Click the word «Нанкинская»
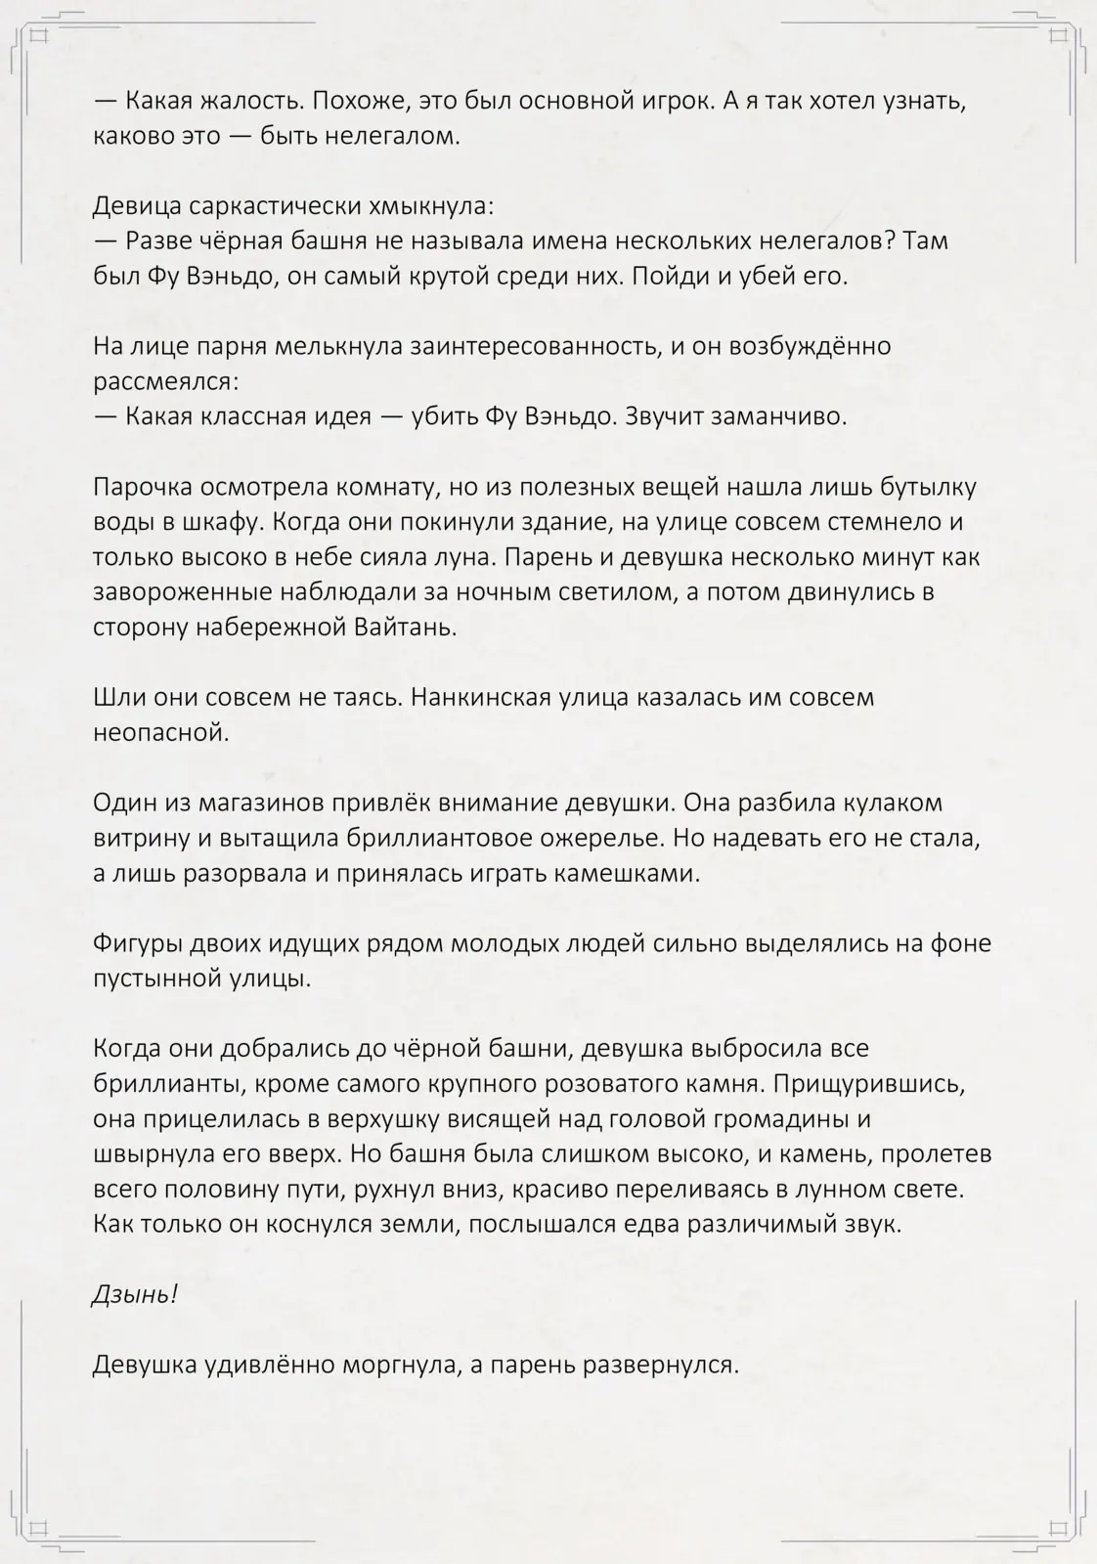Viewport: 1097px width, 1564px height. point(479,698)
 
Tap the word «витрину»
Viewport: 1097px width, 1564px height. point(138,839)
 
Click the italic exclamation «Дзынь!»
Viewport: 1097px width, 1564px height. point(134,1295)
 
